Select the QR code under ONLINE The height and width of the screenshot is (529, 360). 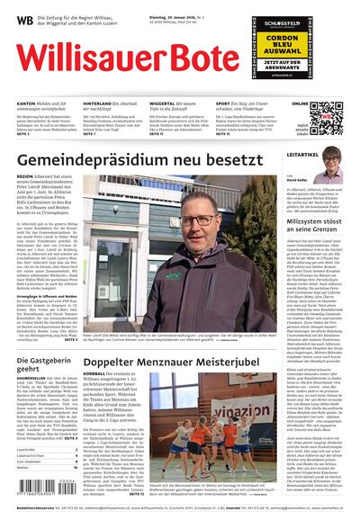pyautogui.click(x=326, y=116)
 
